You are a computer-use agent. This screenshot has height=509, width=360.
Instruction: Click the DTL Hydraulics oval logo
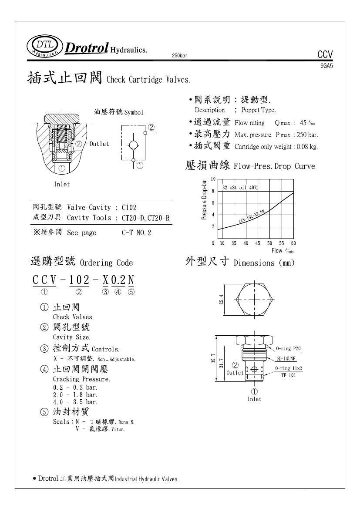[x=44, y=46]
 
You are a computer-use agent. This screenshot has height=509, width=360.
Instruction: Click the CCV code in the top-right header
[x=325, y=55]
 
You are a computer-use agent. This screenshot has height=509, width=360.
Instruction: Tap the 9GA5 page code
[x=326, y=66]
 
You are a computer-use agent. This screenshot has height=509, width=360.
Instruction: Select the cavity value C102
[x=129, y=208]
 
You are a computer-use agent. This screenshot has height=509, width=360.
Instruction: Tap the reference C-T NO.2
[x=137, y=233]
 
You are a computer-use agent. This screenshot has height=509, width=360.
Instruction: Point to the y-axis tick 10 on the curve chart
[x=213, y=179]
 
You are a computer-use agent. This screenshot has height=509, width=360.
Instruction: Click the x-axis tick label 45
[x=258, y=243]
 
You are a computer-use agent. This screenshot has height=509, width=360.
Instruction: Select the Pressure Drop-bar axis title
[x=204, y=199]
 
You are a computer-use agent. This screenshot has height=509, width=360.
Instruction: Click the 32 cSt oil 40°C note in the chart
[x=240, y=187]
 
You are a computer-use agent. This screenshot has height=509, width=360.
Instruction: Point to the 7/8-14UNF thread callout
[x=286, y=358]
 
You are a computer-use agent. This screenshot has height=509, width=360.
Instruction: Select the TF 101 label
[x=288, y=375]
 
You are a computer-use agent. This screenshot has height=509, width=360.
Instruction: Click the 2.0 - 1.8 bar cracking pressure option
[x=75, y=394]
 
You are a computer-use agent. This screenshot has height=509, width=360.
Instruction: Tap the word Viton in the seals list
[x=118, y=429]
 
